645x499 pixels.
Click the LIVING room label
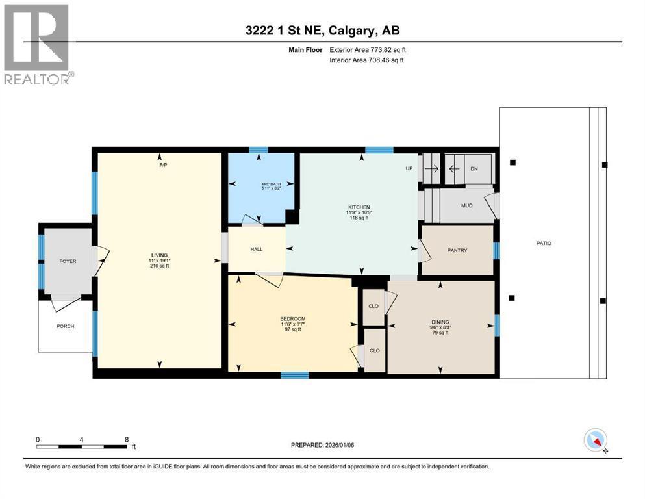[159, 255]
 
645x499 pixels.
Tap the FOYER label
[68, 261]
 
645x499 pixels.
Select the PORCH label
[66, 326]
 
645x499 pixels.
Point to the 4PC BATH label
[271, 184]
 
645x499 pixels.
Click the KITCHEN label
[359, 207]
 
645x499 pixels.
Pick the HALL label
[257, 249]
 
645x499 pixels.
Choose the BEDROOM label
[293, 319]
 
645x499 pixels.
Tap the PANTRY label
[457, 250]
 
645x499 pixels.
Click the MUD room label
[466, 205]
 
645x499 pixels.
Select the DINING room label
[440, 322]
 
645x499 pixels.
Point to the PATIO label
[544, 243]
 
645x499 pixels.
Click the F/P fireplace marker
[163, 164]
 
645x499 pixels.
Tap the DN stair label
[474, 169]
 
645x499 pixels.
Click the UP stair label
[409, 168]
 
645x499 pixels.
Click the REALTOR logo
[38, 44]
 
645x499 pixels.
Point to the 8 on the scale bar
[127, 439]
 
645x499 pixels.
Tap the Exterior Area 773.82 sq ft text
[368, 50]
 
